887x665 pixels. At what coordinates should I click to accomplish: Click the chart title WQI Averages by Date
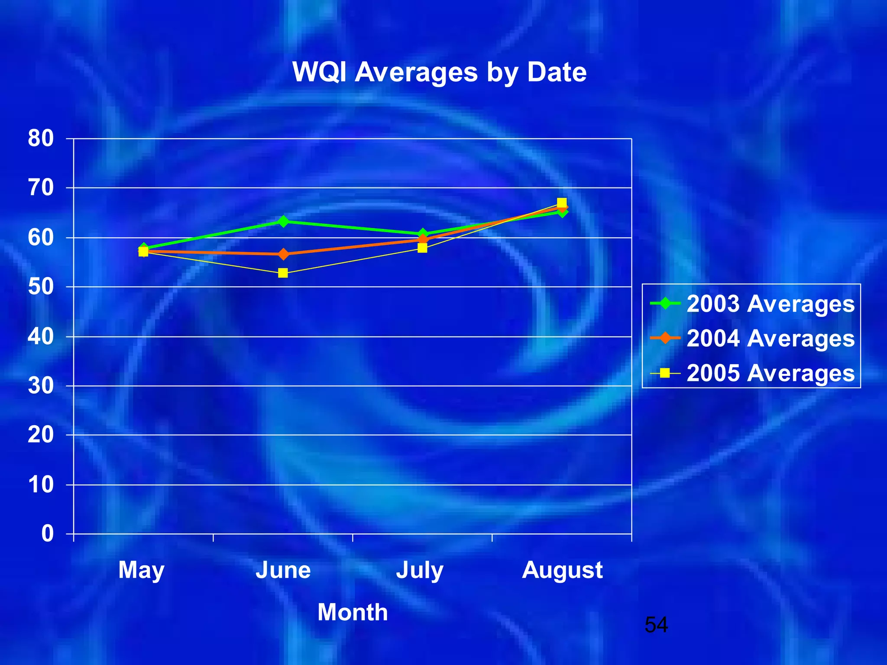coord(439,72)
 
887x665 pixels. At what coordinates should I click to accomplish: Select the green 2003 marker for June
coord(283,222)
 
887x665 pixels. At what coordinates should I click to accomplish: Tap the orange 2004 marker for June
coord(283,254)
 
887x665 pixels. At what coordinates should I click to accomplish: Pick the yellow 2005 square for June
coord(283,273)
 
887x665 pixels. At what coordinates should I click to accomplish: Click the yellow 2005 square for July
coord(422,248)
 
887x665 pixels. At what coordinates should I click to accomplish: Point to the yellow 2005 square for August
coord(562,203)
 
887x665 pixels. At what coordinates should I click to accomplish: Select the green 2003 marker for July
coord(423,234)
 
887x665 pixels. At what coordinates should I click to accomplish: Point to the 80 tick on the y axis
coord(41,139)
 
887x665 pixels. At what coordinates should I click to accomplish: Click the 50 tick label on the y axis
coord(41,287)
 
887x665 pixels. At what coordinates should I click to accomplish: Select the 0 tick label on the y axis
coord(48,533)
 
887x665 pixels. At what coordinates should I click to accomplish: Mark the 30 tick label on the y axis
coord(41,385)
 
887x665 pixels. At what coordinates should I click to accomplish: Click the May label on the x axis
coord(142,570)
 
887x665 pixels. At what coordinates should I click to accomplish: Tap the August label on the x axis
coord(562,570)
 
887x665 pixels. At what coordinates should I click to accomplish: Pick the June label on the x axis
coord(283,570)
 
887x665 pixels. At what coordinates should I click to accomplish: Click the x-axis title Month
coord(353,612)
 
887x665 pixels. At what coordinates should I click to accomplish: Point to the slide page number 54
coord(656,625)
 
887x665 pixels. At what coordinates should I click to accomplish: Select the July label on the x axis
coord(420,570)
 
